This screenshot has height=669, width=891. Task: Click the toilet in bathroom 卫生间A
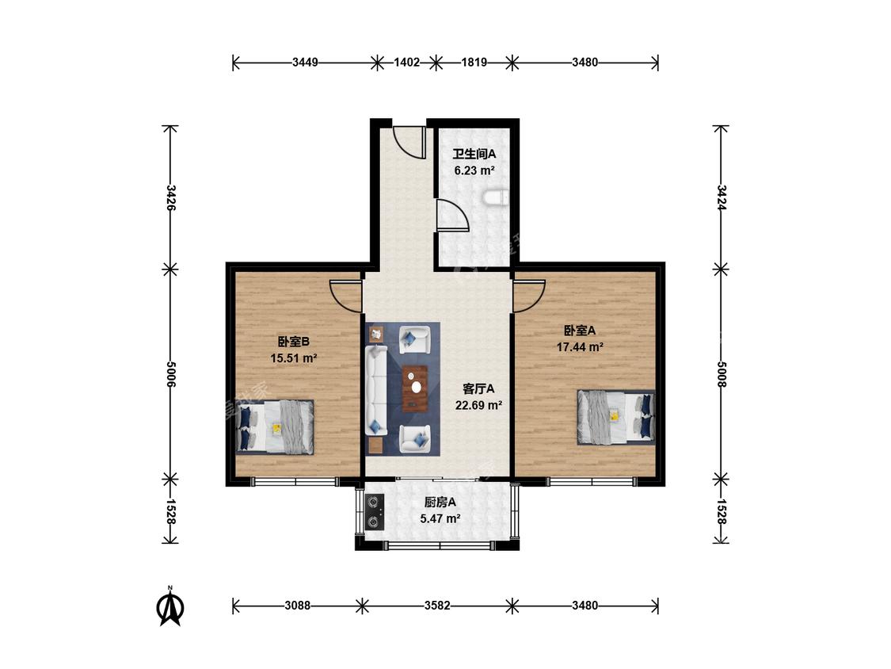496,198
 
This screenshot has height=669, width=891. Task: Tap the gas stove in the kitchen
375,511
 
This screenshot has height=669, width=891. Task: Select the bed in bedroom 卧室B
275,426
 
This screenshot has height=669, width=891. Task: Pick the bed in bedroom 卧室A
616,417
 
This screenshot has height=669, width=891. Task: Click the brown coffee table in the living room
415,388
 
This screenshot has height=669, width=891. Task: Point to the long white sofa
375,390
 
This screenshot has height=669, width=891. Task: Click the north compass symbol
170,606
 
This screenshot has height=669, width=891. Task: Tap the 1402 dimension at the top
406,62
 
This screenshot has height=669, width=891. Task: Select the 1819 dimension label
474,62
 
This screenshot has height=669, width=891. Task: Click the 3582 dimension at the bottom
437,606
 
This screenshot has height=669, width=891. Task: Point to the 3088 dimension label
297,606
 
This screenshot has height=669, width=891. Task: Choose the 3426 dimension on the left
170,198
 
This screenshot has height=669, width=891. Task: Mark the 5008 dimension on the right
721,374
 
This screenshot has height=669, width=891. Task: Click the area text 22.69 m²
478,406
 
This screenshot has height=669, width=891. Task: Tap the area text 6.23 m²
474,170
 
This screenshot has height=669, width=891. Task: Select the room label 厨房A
440,503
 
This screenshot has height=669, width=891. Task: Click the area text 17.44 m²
580,347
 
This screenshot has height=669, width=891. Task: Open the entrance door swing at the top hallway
409,142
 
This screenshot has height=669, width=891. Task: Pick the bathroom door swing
452,215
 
